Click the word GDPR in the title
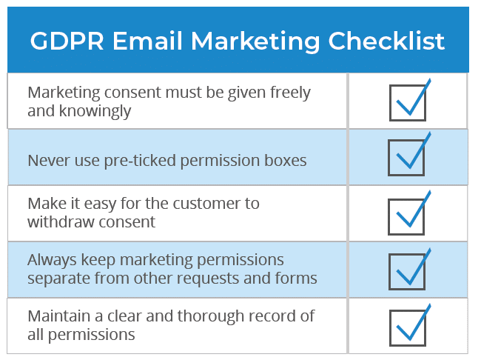pos(67,41)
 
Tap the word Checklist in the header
pos(386,41)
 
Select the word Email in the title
pos(147,41)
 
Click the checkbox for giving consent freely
pos(408,103)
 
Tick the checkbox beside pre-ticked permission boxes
pos(406,158)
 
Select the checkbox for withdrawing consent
pos(406,216)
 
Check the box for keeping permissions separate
pos(407,272)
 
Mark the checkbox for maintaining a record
pos(408,327)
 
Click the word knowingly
pos(95,112)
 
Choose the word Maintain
pos(59,316)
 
